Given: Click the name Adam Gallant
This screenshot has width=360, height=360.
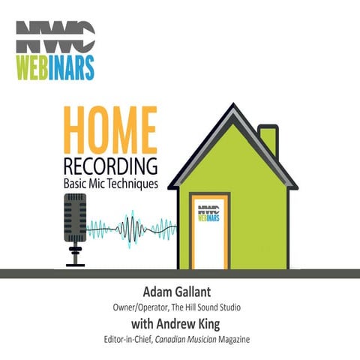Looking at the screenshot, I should click(179, 291).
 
